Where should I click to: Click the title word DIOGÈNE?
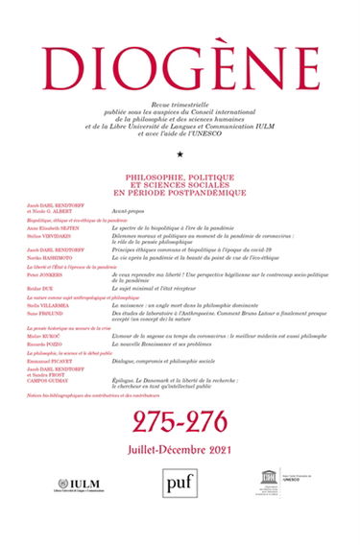[180, 45]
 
